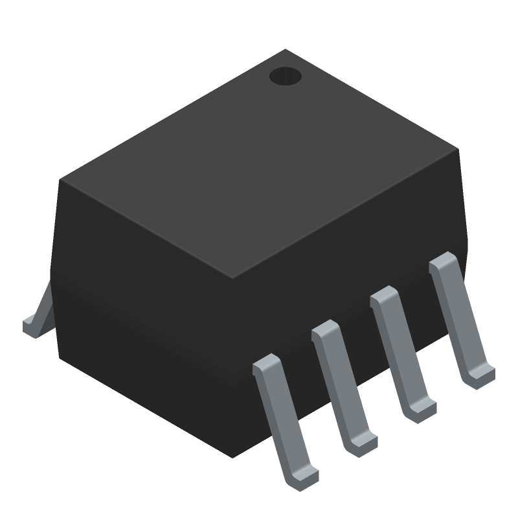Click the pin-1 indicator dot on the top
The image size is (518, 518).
coord(286,76)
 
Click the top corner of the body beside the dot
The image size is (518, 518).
coord(286,50)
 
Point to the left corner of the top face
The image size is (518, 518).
coord(61,180)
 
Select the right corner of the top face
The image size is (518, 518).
coord(458,150)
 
